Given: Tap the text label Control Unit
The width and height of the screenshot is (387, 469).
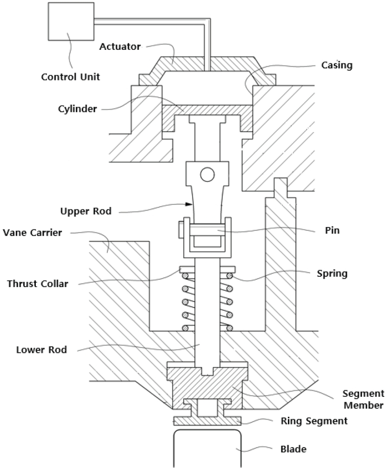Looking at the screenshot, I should (x=70, y=76).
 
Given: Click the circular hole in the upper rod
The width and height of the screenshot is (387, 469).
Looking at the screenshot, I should (x=208, y=174).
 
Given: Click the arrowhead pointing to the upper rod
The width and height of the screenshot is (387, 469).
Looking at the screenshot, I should (x=193, y=203).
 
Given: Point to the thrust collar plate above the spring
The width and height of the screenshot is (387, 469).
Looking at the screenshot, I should (x=207, y=269).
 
